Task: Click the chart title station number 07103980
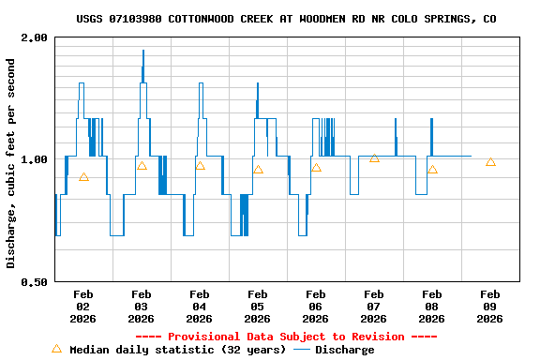point(135,19)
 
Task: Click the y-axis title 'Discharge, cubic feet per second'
point(11,163)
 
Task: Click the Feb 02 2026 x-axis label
point(82,307)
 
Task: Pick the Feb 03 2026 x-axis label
point(141,307)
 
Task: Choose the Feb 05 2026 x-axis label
point(257,307)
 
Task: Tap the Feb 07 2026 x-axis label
point(373,307)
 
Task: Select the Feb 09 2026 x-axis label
point(489,307)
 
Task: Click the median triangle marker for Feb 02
point(83,177)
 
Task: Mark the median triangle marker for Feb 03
point(142,166)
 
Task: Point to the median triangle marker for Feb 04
point(200,166)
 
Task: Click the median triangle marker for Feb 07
point(374,158)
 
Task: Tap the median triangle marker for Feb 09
point(490,162)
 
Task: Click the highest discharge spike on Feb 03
point(143,52)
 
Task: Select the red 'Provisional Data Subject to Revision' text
point(286,337)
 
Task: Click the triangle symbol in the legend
point(56,349)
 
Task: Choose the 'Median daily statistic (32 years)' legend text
point(178,350)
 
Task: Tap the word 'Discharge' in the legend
point(344,350)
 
